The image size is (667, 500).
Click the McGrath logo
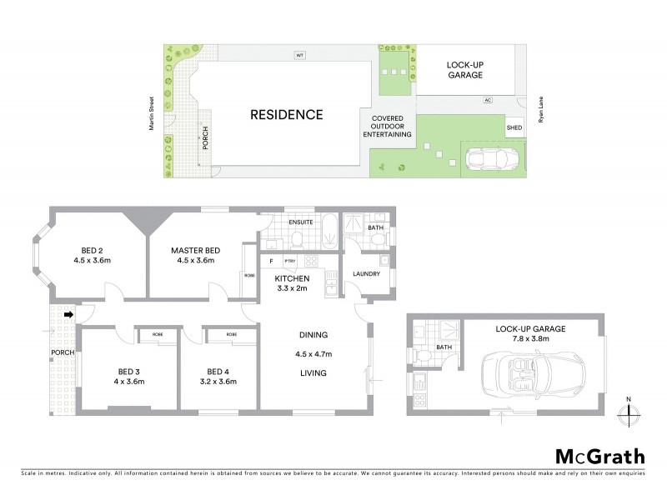tap(599, 456)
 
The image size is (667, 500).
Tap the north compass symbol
tap(629, 411)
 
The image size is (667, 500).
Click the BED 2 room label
tap(93, 250)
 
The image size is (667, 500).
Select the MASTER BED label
tap(195, 250)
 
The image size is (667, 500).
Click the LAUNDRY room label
tap(367, 273)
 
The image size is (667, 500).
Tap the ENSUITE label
tap(300, 223)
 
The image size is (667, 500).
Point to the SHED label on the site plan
tap(514, 127)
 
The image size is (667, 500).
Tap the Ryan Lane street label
tap(541, 109)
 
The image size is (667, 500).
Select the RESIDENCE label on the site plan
tap(286, 114)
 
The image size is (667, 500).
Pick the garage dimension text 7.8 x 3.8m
tap(529, 340)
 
